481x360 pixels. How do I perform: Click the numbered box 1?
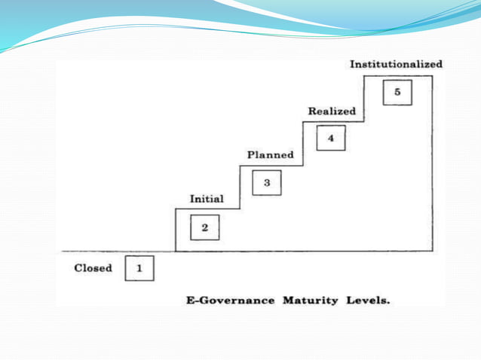click(139, 268)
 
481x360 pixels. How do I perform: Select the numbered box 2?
click(205, 227)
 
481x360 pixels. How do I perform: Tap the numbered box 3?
click(267, 183)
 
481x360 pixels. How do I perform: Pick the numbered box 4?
click(331, 139)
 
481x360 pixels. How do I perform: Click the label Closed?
click(93, 268)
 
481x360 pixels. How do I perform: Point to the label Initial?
click(206, 200)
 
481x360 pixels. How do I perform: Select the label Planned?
click(271, 155)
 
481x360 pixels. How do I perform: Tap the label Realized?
click(332, 111)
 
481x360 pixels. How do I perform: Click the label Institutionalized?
click(396, 65)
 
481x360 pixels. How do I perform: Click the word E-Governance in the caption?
click(231, 301)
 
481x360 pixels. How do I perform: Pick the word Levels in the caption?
click(366, 301)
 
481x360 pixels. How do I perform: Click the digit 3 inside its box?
click(267, 183)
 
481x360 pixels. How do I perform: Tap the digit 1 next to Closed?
click(139, 268)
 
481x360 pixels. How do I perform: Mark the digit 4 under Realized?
click(331, 139)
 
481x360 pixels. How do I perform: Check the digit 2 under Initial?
click(205, 227)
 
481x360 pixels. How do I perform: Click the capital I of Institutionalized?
click(352, 65)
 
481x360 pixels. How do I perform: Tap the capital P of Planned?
click(251, 155)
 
